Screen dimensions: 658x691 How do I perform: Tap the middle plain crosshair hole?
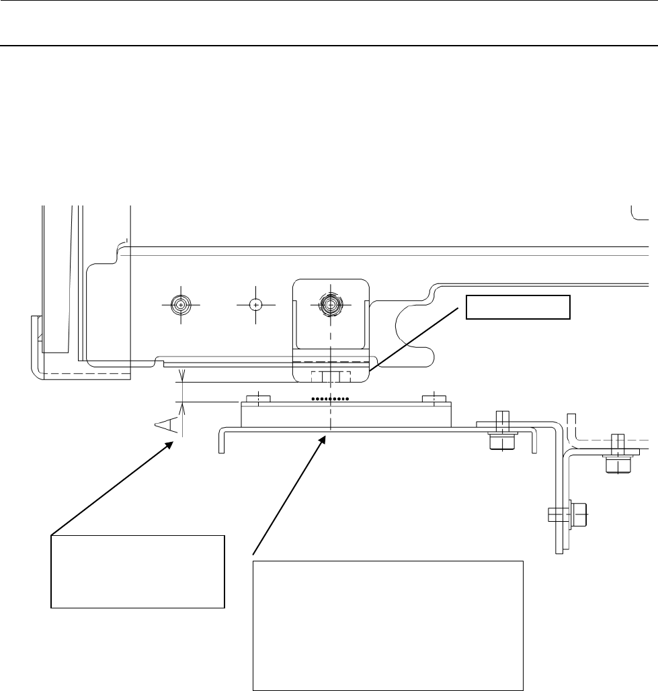click(x=255, y=304)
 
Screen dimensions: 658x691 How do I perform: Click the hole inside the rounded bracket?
click(x=329, y=304)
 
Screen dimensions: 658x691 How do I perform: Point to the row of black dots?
click(x=330, y=399)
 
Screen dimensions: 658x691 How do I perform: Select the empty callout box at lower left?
click(x=137, y=571)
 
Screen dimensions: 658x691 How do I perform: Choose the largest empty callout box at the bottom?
click(x=388, y=625)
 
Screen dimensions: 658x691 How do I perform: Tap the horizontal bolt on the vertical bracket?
click(x=568, y=516)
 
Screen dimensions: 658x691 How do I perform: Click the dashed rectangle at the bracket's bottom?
click(x=330, y=375)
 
